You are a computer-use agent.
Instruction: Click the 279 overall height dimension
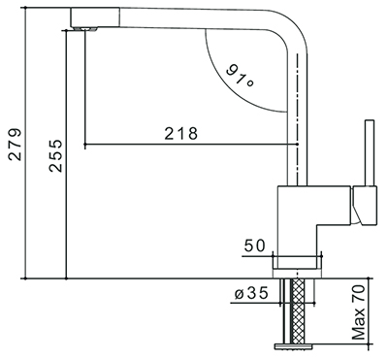click(x=15, y=145)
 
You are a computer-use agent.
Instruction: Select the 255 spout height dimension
click(x=55, y=155)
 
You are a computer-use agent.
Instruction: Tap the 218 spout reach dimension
click(x=181, y=133)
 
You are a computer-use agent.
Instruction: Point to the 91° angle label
click(x=240, y=76)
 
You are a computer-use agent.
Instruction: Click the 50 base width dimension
click(x=254, y=245)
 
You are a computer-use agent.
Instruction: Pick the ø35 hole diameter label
click(x=251, y=293)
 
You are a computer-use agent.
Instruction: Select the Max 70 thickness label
click(x=359, y=312)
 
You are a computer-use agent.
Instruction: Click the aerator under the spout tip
click(x=85, y=29)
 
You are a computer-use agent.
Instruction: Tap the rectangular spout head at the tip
click(x=95, y=17)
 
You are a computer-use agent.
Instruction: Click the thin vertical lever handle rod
click(x=370, y=153)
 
